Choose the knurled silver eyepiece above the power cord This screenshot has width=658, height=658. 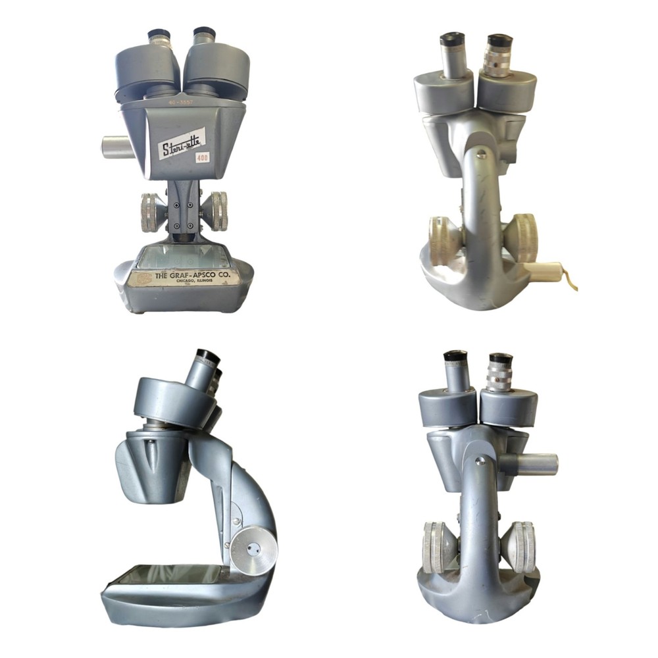pyautogui.click(x=499, y=56)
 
